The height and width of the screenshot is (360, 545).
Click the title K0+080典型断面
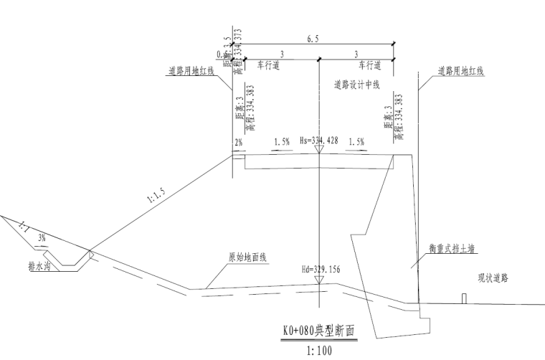[x=316, y=333]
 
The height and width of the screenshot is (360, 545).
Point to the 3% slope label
[x=42, y=236]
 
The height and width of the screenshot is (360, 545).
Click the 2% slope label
[x=240, y=143]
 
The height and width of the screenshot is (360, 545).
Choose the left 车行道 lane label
[x=270, y=65]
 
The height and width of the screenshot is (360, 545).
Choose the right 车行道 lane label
[x=364, y=65]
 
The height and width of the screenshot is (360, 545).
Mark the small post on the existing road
[x=464, y=298]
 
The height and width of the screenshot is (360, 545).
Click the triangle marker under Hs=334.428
[x=319, y=150]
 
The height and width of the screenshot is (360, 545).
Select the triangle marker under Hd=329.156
[x=319, y=280]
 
